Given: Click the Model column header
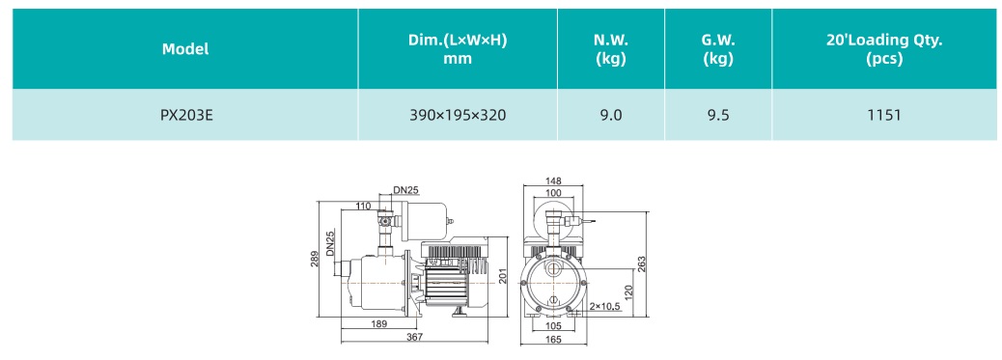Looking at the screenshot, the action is tap(185, 49).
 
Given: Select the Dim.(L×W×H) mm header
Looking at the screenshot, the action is tap(458, 49).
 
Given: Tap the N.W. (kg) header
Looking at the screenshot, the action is tap(611, 49).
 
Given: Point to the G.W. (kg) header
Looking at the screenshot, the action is tap(718, 49).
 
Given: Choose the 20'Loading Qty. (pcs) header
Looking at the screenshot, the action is tap(884, 49).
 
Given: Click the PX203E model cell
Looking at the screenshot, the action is tap(185, 115).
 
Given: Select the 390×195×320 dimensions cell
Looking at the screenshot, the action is tap(458, 115).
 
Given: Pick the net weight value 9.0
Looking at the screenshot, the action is tap(611, 115).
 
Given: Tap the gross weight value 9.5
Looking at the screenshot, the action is tap(718, 115).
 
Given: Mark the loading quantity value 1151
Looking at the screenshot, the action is tap(884, 115).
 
